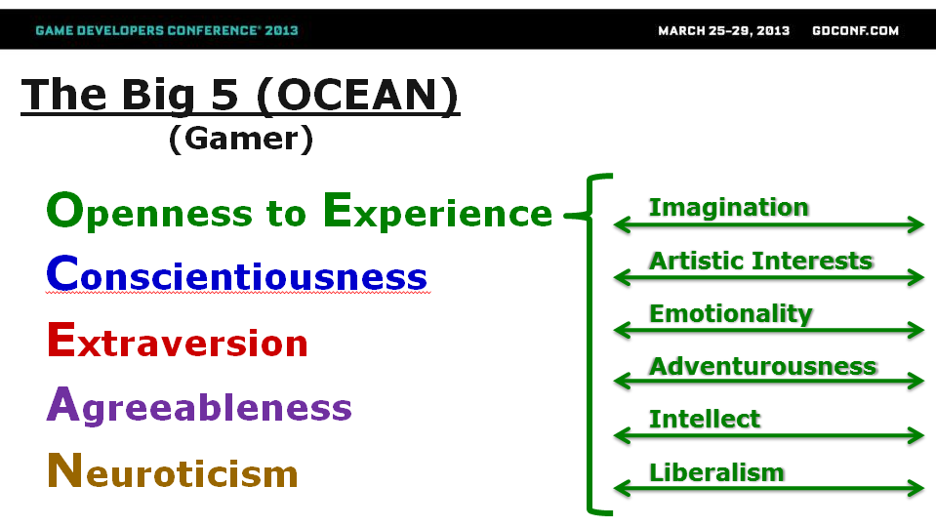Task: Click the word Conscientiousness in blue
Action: pyautogui.click(x=237, y=274)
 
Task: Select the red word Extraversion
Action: pyautogui.click(x=178, y=341)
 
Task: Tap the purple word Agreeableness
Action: pyautogui.click(x=199, y=406)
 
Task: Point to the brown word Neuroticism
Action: pyautogui.click(x=173, y=471)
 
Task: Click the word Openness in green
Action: pyautogui.click(x=150, y=212)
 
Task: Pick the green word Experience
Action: pyautogui.click(x=438, y=212)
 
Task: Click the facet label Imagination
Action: pyautogui.click(x=729, y=208)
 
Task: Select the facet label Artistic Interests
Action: pyautogui.click(x=761, y=261)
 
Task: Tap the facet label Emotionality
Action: pyautogui.click(x=731, y=314)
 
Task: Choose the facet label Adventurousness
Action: pyautogui.click(x=763, y=366)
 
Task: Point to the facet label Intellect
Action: pyautogui.click(x=705, y=419)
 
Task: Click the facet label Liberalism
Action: pyautogui.click(x=716, y=472)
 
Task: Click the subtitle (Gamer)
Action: pyautogui.click(x=241, y=139)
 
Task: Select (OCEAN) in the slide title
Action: pyautogui.click(x=358, y=95)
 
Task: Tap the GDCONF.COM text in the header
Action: pyautogui.click(x=855, y=30)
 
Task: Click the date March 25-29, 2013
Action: pyautogui.click(x=723, y=30)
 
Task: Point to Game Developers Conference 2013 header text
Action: pyautogui.click(x=167, y=30)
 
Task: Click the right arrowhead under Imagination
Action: pyautogui.click(x=916, y=225)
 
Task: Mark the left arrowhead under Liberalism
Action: pyautogui.click(x=622, y=489)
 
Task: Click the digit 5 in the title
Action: pyautogui.click(x=224, y=95)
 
